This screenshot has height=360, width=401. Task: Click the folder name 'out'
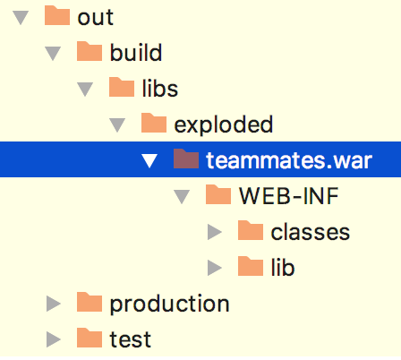95,18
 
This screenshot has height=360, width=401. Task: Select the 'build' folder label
136,53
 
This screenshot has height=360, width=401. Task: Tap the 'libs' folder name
160,88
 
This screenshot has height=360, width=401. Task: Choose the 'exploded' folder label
223,124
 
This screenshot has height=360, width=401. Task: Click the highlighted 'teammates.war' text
289,160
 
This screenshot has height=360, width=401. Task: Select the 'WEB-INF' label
288,196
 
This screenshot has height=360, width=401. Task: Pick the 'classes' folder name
310,232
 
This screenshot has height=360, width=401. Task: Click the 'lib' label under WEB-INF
283,267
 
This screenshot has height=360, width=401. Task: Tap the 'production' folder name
169,304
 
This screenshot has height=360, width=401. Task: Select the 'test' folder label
131,339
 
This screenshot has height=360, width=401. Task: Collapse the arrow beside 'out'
21,18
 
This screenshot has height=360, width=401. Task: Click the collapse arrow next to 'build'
53,54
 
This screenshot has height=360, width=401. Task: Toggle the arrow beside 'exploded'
117,125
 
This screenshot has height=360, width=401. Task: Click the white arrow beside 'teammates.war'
149,161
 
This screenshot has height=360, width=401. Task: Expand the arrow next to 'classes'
215,232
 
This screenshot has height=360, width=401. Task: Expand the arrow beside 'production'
54,304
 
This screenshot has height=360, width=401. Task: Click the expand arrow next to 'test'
54,339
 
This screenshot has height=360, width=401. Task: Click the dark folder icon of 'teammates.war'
186,159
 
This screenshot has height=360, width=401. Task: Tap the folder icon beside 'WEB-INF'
218,194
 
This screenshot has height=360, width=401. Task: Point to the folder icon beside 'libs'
122,87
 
